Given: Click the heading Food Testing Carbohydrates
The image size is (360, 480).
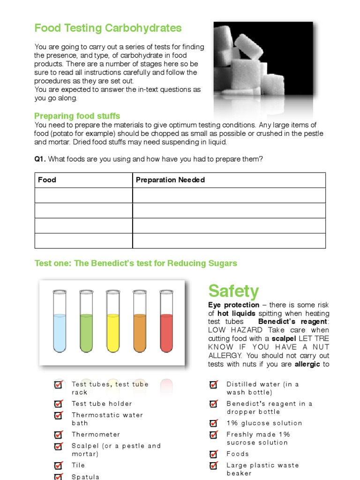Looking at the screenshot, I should (x=108, y=28).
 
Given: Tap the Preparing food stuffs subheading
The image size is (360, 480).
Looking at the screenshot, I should (x=77, y=116).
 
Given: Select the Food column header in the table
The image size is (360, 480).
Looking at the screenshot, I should (x=47, y=180).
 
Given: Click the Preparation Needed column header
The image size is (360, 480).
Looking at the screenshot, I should (x=170, y=180).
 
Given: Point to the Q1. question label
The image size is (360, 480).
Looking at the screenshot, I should (x=40, y=159).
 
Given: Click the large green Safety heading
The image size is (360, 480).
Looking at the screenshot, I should (x=233, y=291).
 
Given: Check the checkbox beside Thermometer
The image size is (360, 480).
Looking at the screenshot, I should (x=59, y=435).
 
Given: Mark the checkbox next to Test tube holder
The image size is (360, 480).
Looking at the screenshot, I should (x=59, y=404).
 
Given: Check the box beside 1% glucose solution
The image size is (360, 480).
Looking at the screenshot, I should (x=213, y=423).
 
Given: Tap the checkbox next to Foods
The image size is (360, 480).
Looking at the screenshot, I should (x=213, y=454).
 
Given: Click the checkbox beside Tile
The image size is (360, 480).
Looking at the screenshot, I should (x=59, y=465).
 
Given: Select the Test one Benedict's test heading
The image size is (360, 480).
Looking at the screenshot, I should (x=136, y=263).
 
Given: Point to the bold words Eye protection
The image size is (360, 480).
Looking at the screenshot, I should (x=233, y=305).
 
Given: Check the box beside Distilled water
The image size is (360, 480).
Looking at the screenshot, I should (x=213, y=385).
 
